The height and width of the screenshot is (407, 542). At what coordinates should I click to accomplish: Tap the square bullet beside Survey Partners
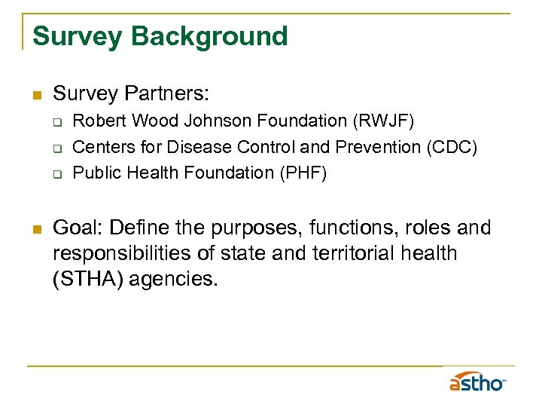point(35,95)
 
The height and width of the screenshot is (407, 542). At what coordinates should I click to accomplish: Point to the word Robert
point(98,121)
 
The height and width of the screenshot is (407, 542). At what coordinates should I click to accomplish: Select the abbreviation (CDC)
point(449,147)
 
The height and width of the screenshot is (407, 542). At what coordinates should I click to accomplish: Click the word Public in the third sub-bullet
point(96,173)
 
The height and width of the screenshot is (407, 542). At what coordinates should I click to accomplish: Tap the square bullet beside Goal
point(35,228)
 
